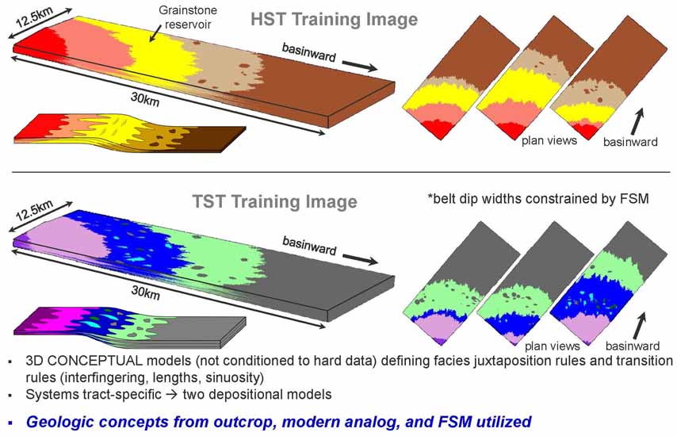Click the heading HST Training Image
(x=335, y=20)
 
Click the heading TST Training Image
(x=274, y=201)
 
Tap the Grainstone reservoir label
(x=188, y=17)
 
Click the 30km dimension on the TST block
(x=146, y=293)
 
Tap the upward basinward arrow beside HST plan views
(x=637, y=120)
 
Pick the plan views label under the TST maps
(x=553, y=346)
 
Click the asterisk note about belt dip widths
(x=538, y=198)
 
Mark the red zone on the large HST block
(x=41, y=40)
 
